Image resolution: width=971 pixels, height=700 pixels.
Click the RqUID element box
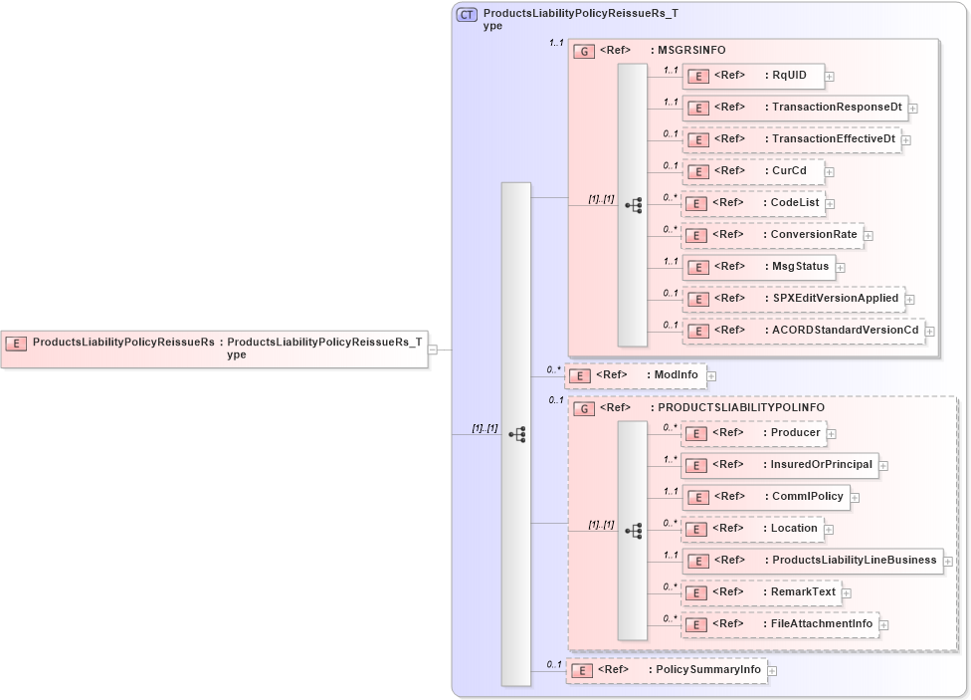point(751,76)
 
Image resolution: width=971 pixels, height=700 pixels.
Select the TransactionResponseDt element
point(794,108)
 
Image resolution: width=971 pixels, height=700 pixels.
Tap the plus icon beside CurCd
point(830,171)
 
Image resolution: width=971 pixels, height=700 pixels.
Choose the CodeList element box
point(752,203)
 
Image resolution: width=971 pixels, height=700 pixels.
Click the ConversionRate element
point(772,235)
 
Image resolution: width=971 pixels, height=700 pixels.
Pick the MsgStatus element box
point(757,267)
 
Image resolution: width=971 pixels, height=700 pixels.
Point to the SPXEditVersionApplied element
point(792,299)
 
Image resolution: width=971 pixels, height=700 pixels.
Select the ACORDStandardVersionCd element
point(802,331)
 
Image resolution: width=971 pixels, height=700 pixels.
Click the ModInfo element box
point(635,375)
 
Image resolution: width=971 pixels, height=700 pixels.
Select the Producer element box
point(752,433)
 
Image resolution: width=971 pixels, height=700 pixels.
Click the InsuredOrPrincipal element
point(778,465)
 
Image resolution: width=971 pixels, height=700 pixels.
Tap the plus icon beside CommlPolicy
point(855,498)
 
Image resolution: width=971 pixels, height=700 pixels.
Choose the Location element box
point(752,529)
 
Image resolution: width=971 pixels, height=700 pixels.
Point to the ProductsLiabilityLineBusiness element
point(811,561)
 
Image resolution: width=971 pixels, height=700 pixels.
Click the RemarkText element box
point(760,592)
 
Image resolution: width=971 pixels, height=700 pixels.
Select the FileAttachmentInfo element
point(779,624)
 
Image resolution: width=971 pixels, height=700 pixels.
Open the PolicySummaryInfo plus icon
point(773,671)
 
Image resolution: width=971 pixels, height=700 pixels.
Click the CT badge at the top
point(467,15)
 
